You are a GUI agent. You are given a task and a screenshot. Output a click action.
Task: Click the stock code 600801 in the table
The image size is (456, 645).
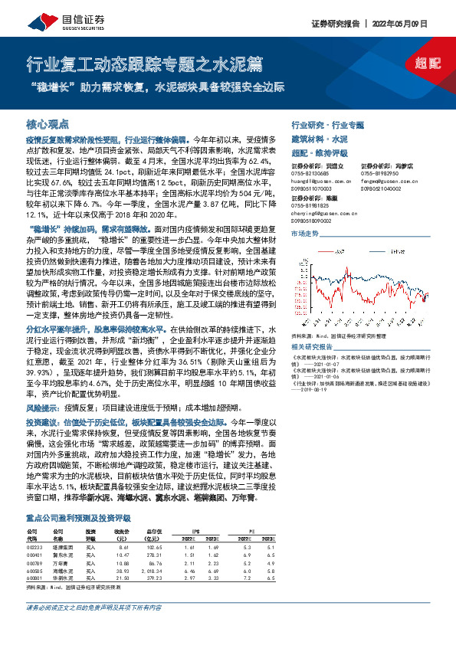click(x=35, y=557)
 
